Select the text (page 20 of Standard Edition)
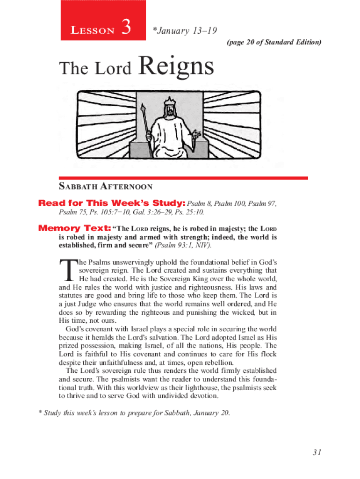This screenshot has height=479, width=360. [x=274, y=43]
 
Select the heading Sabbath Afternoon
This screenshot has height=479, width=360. [x=106, y=187]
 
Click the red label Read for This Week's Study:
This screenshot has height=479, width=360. [x=112, y=203]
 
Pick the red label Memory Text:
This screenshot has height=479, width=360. [x=74, y=229]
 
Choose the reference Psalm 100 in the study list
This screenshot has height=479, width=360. [x=230, y=203]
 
